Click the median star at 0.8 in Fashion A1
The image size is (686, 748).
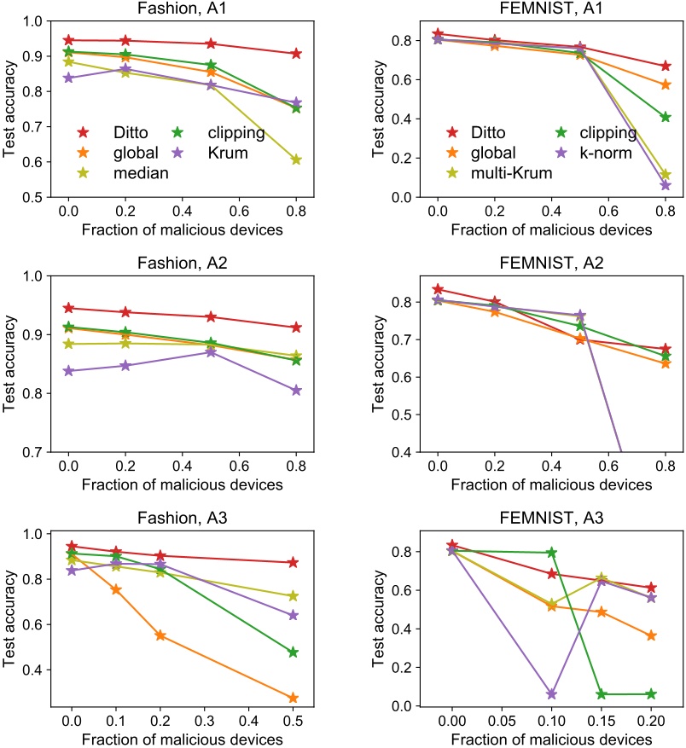point(295,159)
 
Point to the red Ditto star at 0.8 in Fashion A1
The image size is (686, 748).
point(295,54)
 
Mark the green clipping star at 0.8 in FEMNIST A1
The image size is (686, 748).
point(666,117)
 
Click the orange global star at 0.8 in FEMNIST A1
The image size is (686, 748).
point(666,84)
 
